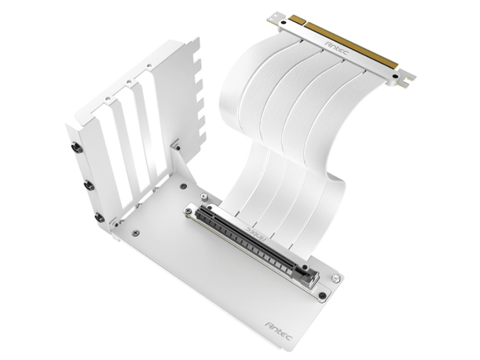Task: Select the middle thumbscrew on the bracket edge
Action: coord(89,185)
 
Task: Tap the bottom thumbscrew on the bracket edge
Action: coord(99,217)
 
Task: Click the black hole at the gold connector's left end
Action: coord(284,22)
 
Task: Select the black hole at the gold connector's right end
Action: coord(395,76)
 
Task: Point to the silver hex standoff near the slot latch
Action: coord(336,278)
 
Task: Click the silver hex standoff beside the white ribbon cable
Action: coord(204,196)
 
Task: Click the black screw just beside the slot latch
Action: coord(322,295)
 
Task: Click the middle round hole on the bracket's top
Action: coord(128,82)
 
